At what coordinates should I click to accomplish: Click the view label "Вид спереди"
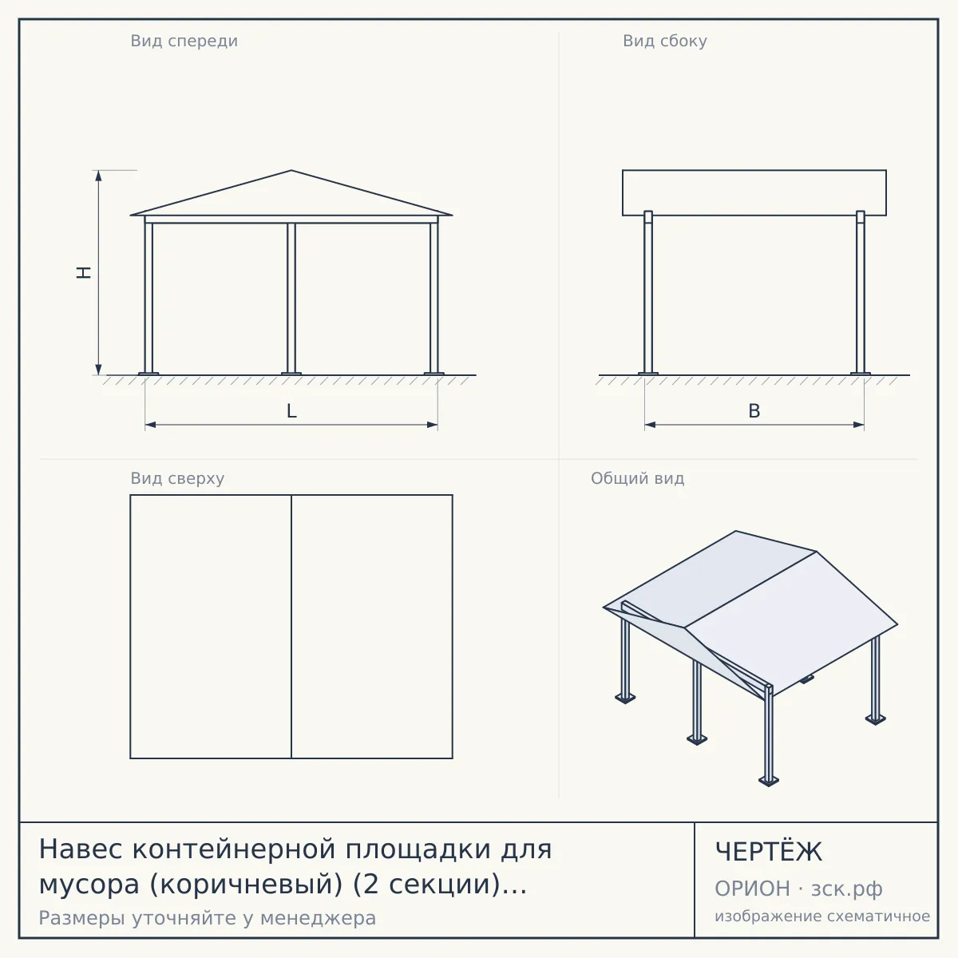[x=184, y=42]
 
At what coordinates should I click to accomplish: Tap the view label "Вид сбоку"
[x=665, y=42]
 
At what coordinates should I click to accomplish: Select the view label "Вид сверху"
[x=177, y=478]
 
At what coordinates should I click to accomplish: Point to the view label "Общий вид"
[x=637, y=478]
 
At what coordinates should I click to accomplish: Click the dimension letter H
[x=84, y=272]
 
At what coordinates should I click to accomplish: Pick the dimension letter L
[x=291, y=411]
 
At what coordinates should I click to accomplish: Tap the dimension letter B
[x=754, y=411]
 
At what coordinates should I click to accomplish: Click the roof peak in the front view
[x=291, y=171]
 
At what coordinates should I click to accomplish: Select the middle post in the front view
[x=291, y=298]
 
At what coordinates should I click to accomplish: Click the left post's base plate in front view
[x=148, y=374]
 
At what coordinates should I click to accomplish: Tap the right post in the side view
[x=861, y=292]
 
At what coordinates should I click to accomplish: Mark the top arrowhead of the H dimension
[x=98, y=176]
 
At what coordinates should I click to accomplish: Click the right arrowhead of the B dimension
[x=858, y=425]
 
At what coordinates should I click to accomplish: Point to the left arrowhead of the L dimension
[x=151, y=425]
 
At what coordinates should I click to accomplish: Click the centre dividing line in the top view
[x=291, y=627]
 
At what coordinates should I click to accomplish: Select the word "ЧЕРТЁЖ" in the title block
[x=769, y=852]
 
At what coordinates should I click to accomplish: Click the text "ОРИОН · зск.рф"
[x=798, y=889]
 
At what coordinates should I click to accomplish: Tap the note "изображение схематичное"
[x=822, y=916]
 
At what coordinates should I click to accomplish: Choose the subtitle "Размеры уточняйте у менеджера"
[x=208, y=918]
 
